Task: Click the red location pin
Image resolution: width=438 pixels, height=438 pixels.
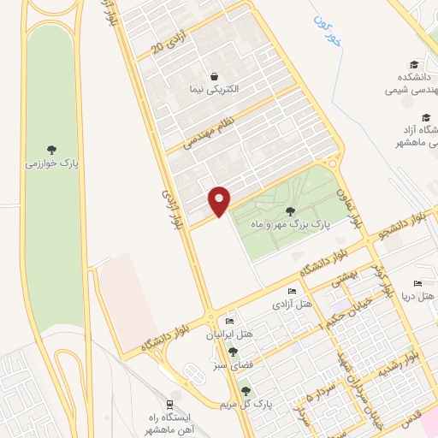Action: pos(220,200)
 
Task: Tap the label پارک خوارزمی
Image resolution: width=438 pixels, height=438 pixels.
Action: pos(52,162)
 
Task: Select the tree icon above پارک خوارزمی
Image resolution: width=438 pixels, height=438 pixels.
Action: pos(52,146)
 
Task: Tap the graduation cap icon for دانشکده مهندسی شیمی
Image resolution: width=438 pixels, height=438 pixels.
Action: pos(414,65)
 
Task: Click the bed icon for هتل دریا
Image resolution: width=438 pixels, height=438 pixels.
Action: pos(417,283)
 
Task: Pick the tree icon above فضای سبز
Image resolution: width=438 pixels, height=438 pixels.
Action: pos(234,352)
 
